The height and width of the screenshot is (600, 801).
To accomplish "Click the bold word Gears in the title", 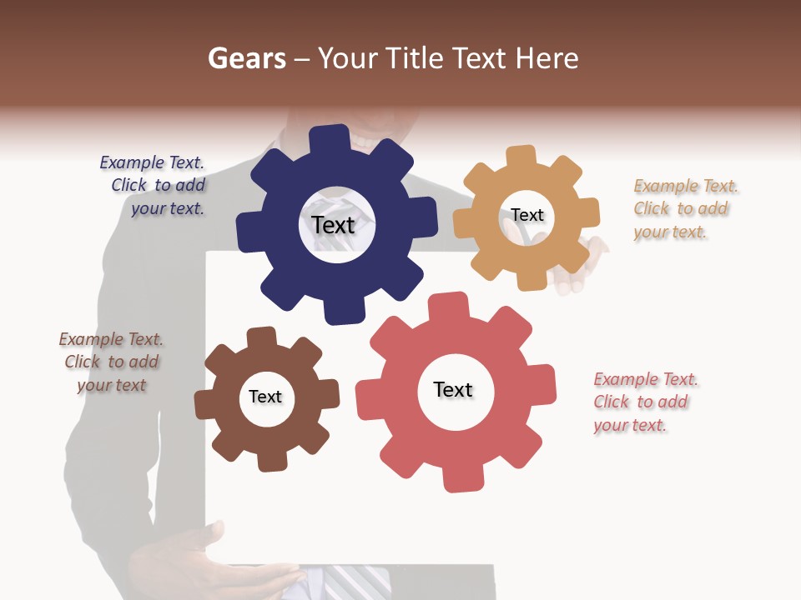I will point(246,58).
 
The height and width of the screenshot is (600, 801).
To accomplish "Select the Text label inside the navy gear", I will point(333,225).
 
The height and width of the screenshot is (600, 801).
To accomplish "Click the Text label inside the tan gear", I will point(527,215).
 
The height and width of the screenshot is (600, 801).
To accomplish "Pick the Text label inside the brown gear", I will point(265,397).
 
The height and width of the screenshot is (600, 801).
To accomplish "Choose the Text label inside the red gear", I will point(453,389).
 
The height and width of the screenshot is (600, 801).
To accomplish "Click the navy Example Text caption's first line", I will point(152,162).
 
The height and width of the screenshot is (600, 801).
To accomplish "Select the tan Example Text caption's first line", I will point(686,186).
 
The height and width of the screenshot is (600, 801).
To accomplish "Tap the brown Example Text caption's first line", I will point(111,339).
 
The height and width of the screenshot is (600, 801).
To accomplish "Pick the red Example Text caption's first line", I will point(646,379).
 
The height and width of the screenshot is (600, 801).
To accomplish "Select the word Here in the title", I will point(547,58).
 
